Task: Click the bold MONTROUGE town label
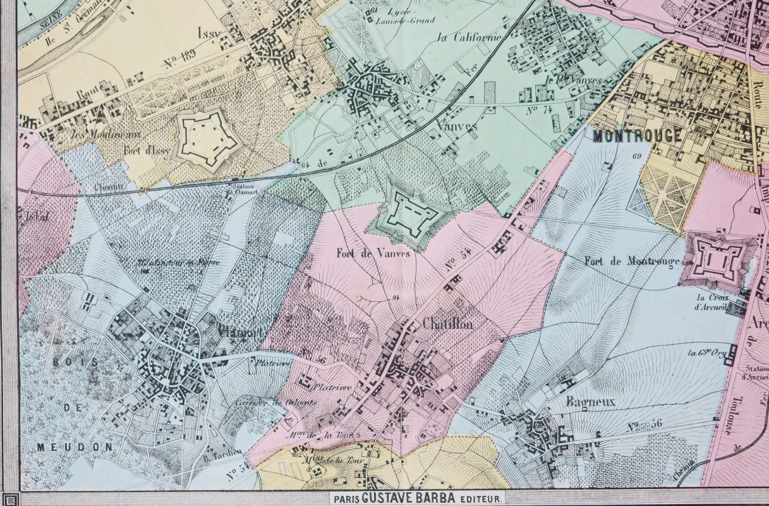[x=638, y=136]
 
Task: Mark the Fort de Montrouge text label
[x=631, y=261]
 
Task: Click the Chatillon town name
[x=447, y=324]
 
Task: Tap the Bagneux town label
[x=582, y=401]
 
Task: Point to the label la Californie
[x=469, y=37]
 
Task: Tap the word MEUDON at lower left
[x=74, y=447]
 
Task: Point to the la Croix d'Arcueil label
[x=712, y=302]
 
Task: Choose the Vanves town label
[x=456, y=125]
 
